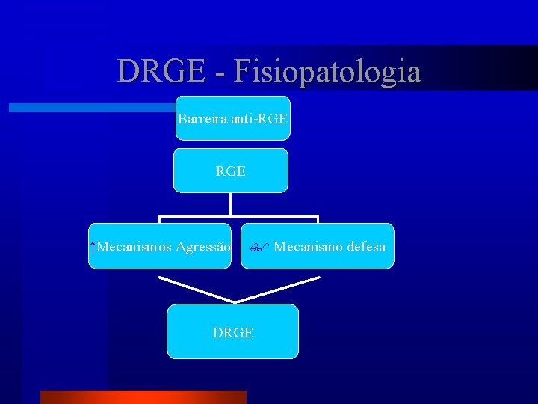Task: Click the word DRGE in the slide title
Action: [x=158, y=72]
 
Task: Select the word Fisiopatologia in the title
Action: [x=327, y=72]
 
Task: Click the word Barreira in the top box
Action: [x=201, y=118]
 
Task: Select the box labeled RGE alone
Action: [x=230, y=171]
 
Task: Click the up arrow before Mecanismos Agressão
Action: [x=92, y=246]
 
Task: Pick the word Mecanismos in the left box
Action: [x=134, y=246]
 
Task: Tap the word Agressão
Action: [x=202, y=246]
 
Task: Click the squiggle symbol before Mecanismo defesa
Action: [x=259, y=246]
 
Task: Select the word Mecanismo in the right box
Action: [x=308, y=246]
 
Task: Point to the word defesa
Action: [x=366, y=246]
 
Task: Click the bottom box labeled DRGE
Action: [x=232, y=331]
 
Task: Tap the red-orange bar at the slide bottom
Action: [x=143, y=397]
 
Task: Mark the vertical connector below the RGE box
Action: [x=230, y=204]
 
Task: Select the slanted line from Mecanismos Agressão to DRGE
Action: [x=196, y=289]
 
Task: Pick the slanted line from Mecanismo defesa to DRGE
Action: [x=278, y=289]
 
